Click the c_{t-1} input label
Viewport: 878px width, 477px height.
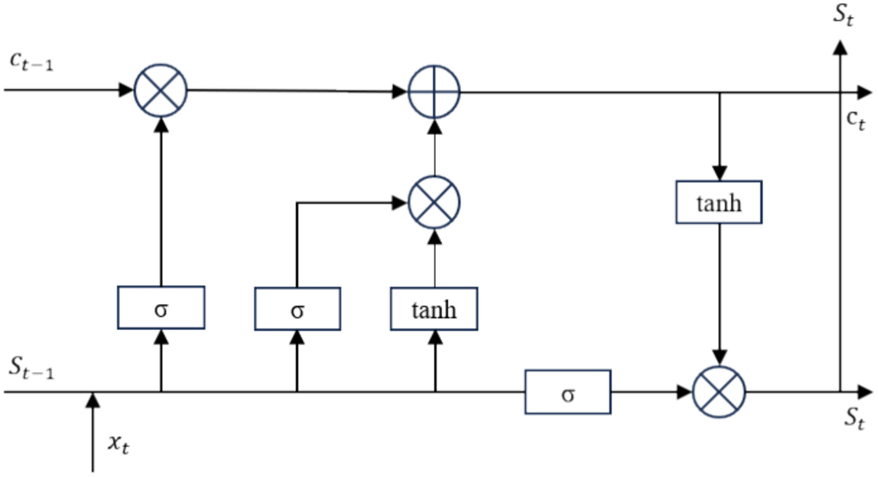click(31, 61)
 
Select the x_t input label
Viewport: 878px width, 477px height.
click(118, 443)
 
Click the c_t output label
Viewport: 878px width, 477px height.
click(855, 119)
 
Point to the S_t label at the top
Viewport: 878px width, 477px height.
click(843, 15)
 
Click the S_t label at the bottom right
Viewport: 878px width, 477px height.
click(854, 417)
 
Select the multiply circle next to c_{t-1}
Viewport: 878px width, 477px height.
click(161, 90)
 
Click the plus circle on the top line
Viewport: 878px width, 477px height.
click(434, 92)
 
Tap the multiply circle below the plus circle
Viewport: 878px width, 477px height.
click(434, 203)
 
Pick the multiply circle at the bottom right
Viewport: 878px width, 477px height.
click(719, 392)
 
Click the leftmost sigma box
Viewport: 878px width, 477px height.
click(161, 308)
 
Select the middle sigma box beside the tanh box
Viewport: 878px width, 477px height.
click(297, 309)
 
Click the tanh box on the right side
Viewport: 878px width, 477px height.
click(719, 202)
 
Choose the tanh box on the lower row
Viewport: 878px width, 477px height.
click(434, 309)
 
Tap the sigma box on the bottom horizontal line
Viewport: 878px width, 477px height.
click(568, 392)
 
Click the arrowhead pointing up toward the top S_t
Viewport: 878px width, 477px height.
click(840, 48)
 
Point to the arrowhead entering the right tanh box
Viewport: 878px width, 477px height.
click(719, 173)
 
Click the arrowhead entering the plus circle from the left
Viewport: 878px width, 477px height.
click(400, 92)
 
